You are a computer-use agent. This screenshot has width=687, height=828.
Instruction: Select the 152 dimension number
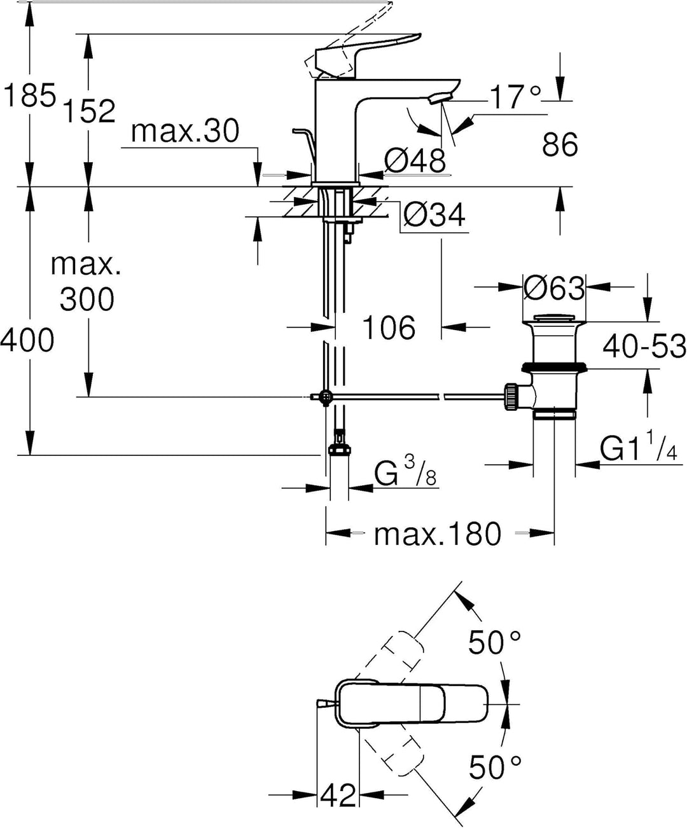90,111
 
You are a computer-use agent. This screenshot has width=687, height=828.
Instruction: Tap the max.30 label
185,131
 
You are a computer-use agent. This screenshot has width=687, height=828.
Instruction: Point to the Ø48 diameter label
415,161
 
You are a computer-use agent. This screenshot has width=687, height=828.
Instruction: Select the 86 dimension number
560,144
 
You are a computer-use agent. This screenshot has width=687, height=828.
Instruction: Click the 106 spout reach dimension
389,328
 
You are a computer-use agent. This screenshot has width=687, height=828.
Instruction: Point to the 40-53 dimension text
644,346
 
